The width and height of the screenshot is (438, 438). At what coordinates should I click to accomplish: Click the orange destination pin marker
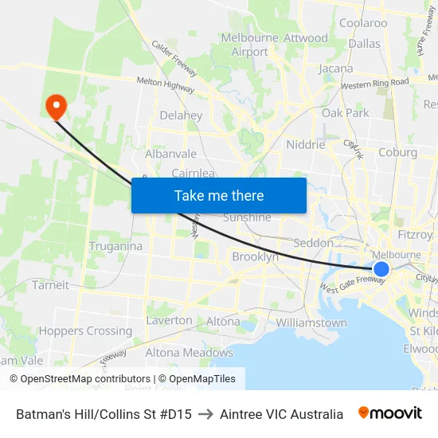pyautogui.click(x=57, y=106)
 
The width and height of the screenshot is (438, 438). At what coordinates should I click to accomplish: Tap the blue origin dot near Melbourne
pyautogui.click(x=381, y=269)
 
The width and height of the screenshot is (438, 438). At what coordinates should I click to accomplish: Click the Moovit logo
pyautogui.click(x=389, y=413)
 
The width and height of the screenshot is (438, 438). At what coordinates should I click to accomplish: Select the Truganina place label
pyautogui.click(x=115, y=246)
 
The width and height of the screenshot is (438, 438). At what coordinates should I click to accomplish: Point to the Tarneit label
pyautogui.click(x=50, y=286)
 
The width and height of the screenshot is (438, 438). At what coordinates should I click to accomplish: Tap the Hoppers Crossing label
pyautogui.click(x=85, y=330)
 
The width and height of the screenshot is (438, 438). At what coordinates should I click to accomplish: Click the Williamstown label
pyautogui.click(x=311, y=323)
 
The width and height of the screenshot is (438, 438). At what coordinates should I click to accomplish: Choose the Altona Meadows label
pyautogui.click(x=189, y=353)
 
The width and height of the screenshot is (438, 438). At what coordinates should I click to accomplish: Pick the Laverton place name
pyautogui.click(x=169, y=320)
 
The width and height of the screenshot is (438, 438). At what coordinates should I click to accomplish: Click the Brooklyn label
pyautogui.click(x=255, y=257)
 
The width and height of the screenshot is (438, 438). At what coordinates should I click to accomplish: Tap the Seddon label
pyautogui.click(x=313, y=242)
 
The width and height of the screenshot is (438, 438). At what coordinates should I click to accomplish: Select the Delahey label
pyautogui.click(x=181, y=115)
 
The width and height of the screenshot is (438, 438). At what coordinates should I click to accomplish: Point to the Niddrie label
pyautogui.click(x=305, y=145)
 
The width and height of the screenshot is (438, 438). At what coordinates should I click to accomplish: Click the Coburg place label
pyautogui.click(x=397, y=152)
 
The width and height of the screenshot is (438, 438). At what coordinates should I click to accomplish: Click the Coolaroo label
pyautogui.click(x=363, y=23)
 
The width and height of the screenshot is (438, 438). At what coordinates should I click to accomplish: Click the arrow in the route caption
pyautogui.click(x=205, y=414)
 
